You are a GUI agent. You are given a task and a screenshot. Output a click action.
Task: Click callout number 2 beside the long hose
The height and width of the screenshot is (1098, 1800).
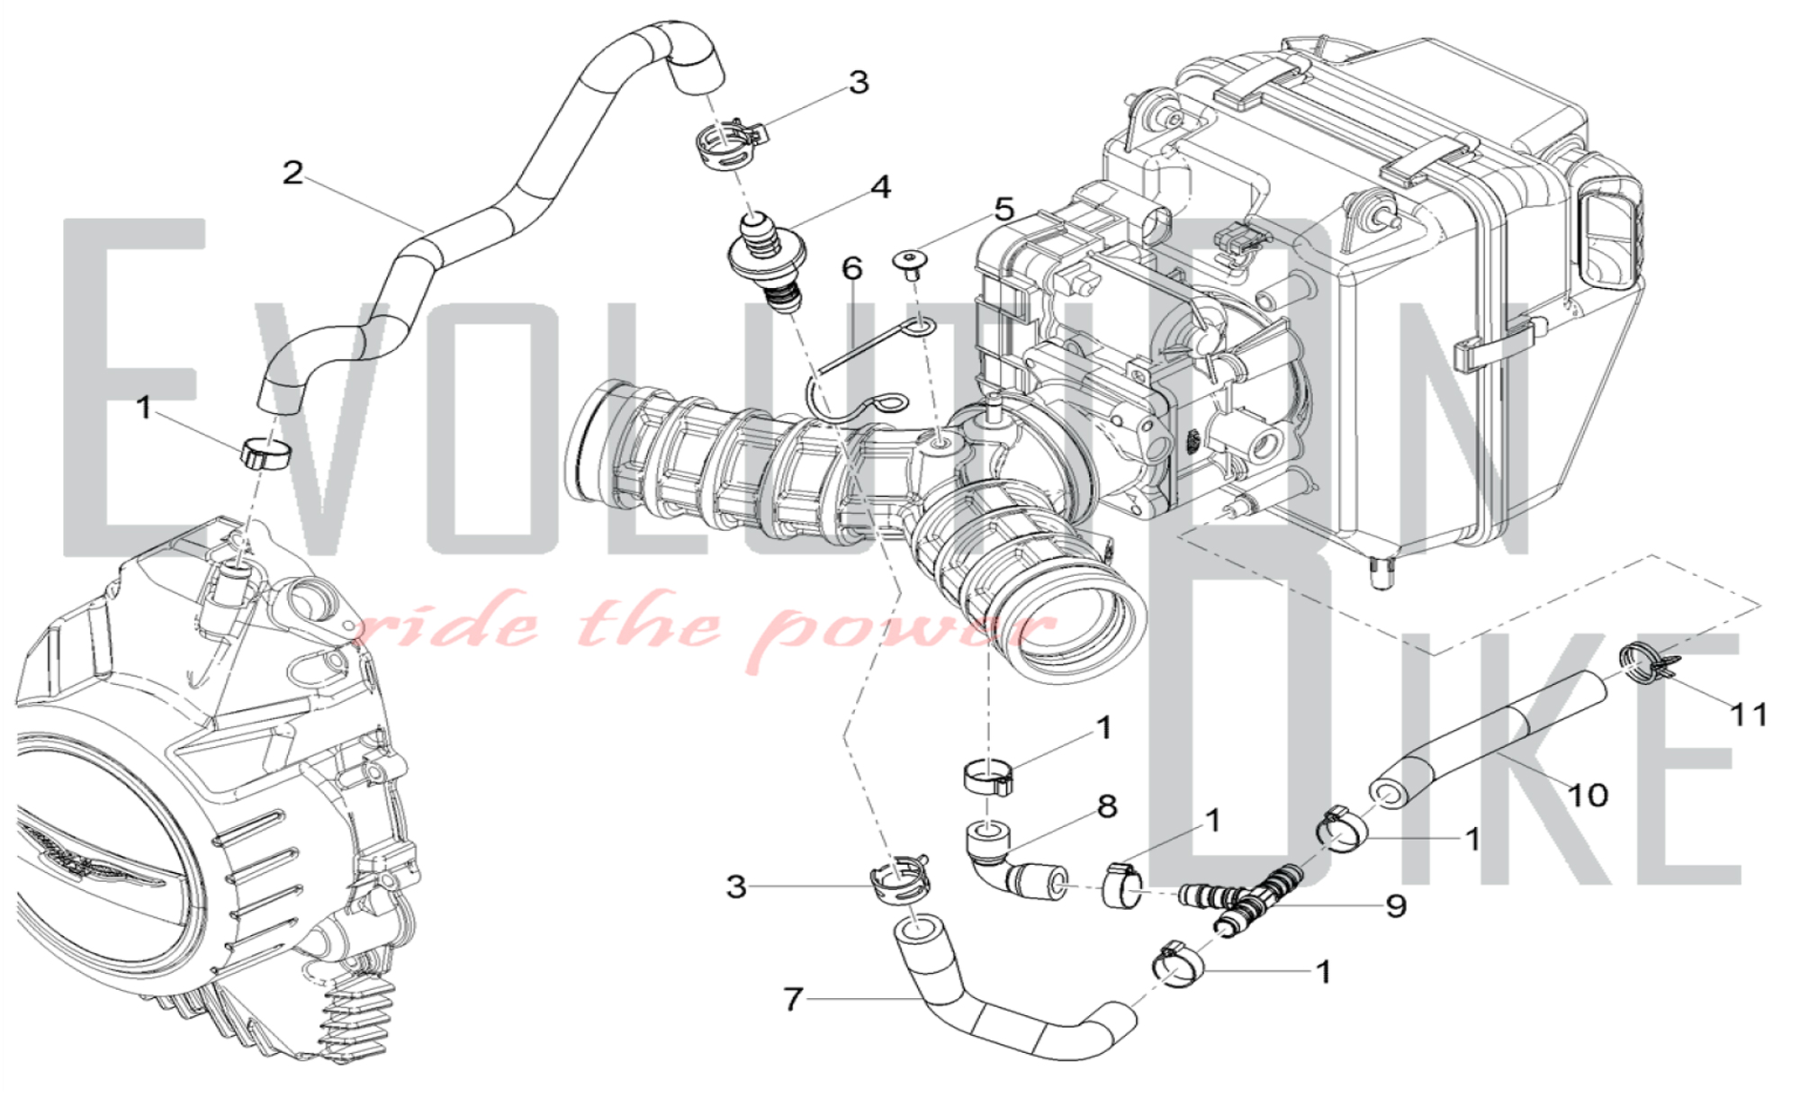(292, 173)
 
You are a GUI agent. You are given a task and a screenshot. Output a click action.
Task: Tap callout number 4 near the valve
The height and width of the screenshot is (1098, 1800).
(880, 187)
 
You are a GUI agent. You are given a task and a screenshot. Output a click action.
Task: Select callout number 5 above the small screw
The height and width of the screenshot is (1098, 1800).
(1003, 210)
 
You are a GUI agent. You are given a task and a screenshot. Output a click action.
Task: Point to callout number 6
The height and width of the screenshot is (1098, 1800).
(851, 268)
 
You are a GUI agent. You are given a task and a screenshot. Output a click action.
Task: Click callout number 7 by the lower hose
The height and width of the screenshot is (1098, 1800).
(793, 1000)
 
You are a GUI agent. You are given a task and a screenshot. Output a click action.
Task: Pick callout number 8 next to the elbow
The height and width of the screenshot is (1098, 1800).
(1107, 806)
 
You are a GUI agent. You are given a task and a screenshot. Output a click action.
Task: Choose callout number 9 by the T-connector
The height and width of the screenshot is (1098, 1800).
(1396, 905)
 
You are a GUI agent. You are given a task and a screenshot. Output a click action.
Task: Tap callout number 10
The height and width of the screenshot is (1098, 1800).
(1588, 795)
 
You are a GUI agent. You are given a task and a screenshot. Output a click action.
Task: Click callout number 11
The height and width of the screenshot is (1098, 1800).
(1750, 715)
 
